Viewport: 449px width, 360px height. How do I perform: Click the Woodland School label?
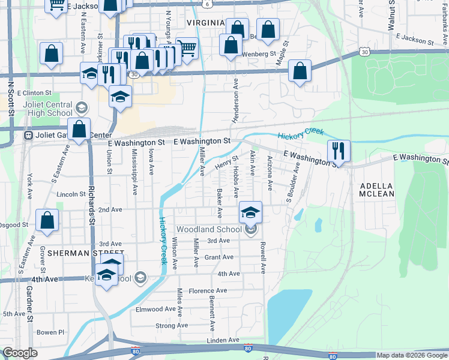pyautogui.click(x=208, y=229)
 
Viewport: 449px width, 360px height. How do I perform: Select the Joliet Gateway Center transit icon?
pyautogui.click(x=28, y=136)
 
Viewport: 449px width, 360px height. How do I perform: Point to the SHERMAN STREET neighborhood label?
pyautogui.click(x=77, y=253)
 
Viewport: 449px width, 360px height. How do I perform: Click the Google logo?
pyautogui.click(x=20, y=353)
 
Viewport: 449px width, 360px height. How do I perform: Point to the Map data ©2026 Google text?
pyautogui.click(x=412, y=355)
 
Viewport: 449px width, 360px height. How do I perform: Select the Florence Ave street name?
pyautogui.click(x=208, y=290)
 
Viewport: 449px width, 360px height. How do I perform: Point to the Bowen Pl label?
pyautogui.click(x=50, y=332)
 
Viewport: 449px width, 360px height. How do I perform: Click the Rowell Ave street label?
pyautogui.click(x=263, y=257)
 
